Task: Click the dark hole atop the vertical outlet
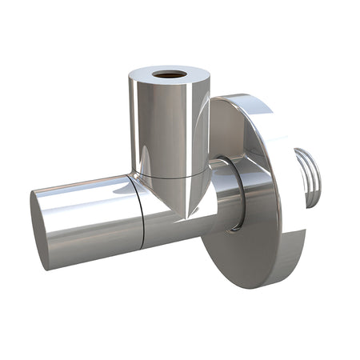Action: tap(169, 74)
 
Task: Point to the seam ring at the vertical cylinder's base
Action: tap(168, 171)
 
